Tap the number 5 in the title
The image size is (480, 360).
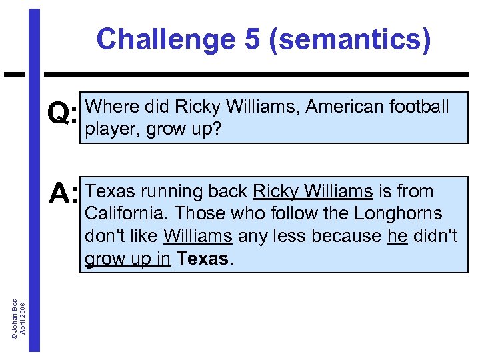(x=251, y=40)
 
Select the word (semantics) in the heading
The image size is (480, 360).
(x=349, y=40)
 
